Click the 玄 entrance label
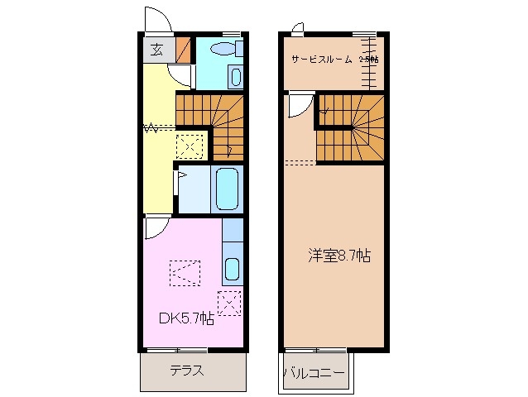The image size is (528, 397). click(156, 48)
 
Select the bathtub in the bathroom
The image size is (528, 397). click(226, 189)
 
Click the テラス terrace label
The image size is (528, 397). click(187, 371)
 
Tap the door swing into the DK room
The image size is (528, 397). click(156, 227)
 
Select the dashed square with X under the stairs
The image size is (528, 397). click(189, 147)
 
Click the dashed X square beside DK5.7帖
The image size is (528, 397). click(229, 303)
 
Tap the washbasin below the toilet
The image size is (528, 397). click(235, 77)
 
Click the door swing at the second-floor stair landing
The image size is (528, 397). click(298, 105)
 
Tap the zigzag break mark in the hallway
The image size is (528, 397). click(151, 128)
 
